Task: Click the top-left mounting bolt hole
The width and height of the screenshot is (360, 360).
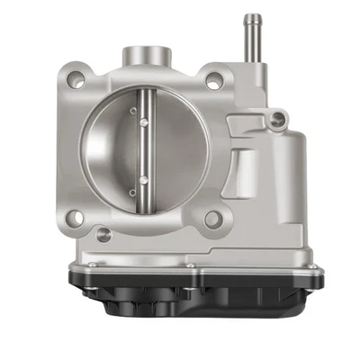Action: pyautogui.click(x=77, y=80)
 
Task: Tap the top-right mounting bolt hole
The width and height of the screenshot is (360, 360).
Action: pyautogui.click(x=213, y=80)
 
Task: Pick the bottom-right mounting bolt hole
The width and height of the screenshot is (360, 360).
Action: pyautogui.click(x=212, y=219)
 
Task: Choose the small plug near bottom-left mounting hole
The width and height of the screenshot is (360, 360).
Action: pyautogui.click(x=103, y=235)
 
